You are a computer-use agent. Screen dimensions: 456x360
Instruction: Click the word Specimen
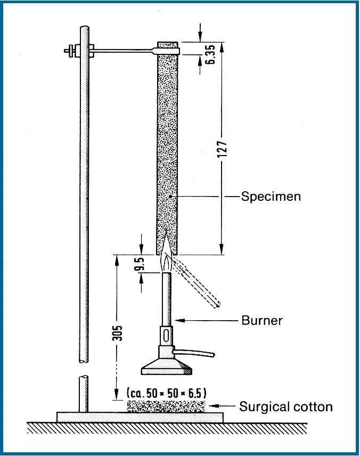[x=271, y=197]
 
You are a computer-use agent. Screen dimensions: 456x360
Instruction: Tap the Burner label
[x=261, y=321]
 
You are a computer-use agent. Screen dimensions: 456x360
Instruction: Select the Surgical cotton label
[x=285, y=407]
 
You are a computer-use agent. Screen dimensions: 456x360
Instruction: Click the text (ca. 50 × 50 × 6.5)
[x=166, y=393]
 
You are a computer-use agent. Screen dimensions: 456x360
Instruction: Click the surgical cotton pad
[x=166, y=406]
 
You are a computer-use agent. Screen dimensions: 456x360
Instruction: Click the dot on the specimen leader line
[x=170, y=197]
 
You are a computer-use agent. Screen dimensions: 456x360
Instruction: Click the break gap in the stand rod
[x=83, y=369]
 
